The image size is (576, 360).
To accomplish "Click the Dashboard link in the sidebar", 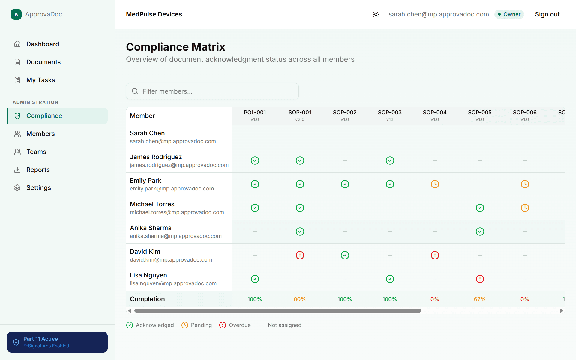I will [43, 44].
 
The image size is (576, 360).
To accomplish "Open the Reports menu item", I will [38, 170].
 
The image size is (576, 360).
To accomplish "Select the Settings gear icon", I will [17, 188].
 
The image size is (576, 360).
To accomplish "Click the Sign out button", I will [547, 14].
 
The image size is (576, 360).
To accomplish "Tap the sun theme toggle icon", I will [376, 14].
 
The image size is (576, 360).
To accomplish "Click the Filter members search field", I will [212, 91].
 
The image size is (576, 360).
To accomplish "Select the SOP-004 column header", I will [435, 115].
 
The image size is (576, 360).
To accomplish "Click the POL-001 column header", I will [255, 115].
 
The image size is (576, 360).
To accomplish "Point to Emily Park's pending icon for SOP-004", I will [435, 184].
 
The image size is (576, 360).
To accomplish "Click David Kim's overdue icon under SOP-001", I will [300, 255].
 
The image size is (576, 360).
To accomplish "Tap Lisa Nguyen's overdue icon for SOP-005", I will [480, 279].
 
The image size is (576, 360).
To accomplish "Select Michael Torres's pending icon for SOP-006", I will [525, 208].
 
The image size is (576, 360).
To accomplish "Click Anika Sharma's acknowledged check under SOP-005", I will [480, 232].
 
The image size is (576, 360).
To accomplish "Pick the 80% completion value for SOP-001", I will [300, 299].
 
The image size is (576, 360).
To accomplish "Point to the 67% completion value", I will [480, 299].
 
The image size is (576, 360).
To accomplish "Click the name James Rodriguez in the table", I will [156, 157].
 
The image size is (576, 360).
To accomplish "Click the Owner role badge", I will [509, 14].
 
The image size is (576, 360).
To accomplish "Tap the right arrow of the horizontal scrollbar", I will [561, 311].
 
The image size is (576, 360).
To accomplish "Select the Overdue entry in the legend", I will [235, 325].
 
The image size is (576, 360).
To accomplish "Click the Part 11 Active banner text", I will [40, 339].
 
